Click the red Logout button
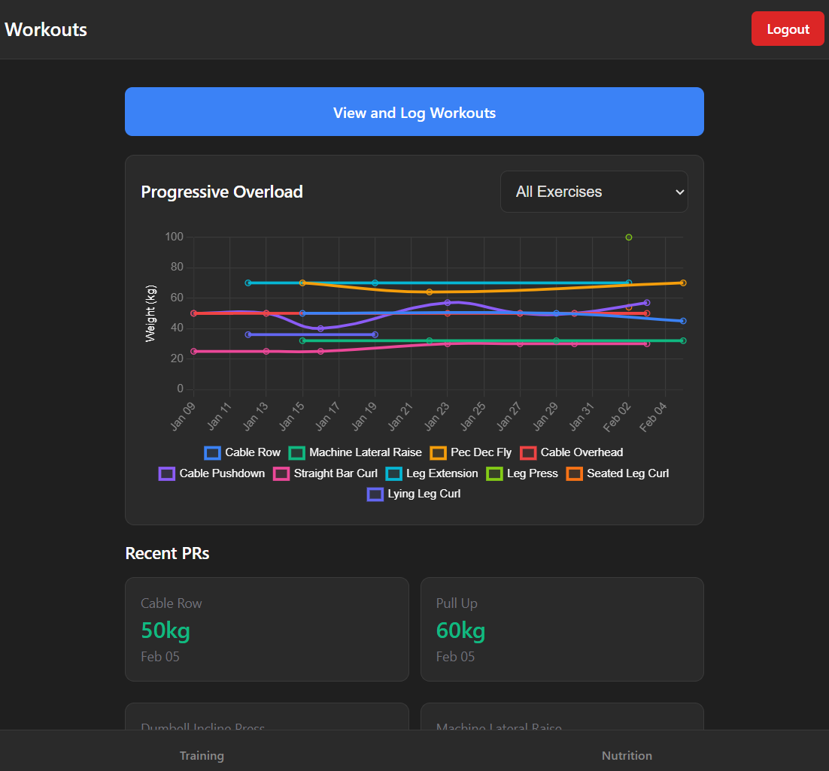point(788,29)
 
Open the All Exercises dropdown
point(594,192)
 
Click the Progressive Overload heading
point(222,192)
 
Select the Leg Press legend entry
point(524,473)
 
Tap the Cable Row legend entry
point(243,452)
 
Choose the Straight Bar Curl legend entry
point(326,473)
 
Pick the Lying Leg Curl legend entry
point(414,494)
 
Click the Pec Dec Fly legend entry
point(472,452)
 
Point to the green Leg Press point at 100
point(629,237)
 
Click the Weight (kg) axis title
point(151,313)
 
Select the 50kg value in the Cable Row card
point(165,630)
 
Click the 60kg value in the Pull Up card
point(460,630)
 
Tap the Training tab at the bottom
point(202,755)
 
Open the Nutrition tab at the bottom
point(627,755)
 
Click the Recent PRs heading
point(167,554)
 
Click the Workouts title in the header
point(46,29)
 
